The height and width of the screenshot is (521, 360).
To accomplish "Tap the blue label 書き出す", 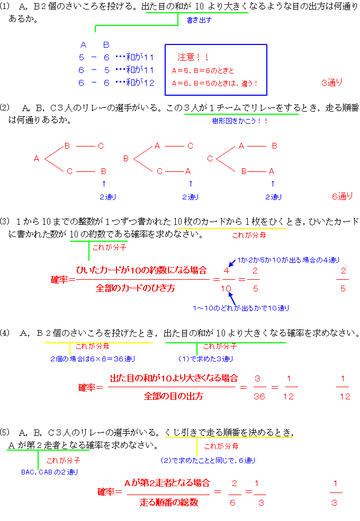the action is (199, 20).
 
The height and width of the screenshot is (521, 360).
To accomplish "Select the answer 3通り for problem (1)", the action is (332, 83).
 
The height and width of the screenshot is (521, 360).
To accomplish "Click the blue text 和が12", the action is (140, 83).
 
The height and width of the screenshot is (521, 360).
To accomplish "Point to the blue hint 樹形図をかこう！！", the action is (240, 121).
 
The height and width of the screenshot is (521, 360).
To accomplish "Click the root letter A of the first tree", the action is (37, 159).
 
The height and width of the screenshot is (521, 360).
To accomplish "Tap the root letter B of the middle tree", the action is (126, 159).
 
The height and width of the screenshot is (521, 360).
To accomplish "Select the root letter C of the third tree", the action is (210, 159).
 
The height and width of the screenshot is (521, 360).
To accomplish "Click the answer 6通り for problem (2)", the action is (343, 196).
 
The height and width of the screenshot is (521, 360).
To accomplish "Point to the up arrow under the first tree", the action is (104, 184).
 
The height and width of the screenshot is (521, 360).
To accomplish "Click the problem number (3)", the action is (5, 221).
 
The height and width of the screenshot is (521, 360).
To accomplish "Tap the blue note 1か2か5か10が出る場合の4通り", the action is (288, 260).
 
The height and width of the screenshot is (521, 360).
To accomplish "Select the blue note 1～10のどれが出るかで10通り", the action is (241, 308).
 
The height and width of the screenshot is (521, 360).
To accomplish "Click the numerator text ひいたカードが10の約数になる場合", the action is (141, 270).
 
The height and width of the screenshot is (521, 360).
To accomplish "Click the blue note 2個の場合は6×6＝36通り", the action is (93, 359).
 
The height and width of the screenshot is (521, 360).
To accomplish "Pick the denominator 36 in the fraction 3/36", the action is (259, 396).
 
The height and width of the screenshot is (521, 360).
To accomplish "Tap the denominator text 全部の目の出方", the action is (173, 396).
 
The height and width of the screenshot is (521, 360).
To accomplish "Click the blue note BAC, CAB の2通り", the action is (50, 472).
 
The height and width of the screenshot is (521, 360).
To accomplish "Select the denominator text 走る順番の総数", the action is (169, 502).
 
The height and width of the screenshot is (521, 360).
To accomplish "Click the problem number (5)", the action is (5, 432).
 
